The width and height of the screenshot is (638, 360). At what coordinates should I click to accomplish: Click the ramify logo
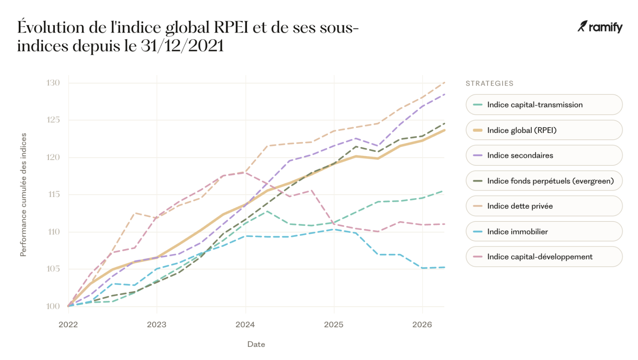click(x=600, y=27)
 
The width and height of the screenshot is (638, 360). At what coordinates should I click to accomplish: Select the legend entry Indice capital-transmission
click(x=544, y=105)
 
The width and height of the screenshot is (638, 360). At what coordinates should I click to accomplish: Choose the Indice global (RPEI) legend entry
click(x=544, y=130)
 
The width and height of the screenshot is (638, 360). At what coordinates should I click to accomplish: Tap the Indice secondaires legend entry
click(x=544, y=155)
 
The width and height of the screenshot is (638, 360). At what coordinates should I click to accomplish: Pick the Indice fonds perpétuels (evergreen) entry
click(x=544, y=181)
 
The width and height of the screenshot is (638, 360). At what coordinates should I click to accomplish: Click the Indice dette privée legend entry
click(x=544, y=206)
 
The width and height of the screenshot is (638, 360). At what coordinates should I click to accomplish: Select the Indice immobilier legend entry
click(x=544, y=231)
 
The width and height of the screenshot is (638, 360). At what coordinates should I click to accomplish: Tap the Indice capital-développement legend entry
click(x=544, y=257)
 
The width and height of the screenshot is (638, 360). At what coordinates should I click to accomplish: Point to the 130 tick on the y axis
click(x=53, y=83)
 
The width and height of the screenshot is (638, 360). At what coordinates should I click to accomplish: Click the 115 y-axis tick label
click(x=54, y=195)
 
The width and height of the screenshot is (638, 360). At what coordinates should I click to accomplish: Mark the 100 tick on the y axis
click(x=53, y=306)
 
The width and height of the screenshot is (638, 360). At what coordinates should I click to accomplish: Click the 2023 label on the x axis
click(x=157, y=324)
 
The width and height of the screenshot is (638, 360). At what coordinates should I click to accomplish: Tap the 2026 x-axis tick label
click(x=422, y=324)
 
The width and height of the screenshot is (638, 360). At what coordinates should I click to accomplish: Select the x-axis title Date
click(x=256, y=344)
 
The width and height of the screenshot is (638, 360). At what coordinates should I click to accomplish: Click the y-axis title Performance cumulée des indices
click(x=23, y=195)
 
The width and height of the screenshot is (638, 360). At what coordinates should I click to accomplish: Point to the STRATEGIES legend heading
click(x=489, y=83)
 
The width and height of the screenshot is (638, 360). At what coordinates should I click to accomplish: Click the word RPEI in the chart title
click(x=231, y=27)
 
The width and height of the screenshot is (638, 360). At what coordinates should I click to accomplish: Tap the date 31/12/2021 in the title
click(x=182, y=46)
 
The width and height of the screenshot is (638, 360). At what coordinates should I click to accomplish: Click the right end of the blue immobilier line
click(x=444, y=267)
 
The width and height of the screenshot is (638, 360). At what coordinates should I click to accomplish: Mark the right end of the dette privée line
click(x=444, y=83)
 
